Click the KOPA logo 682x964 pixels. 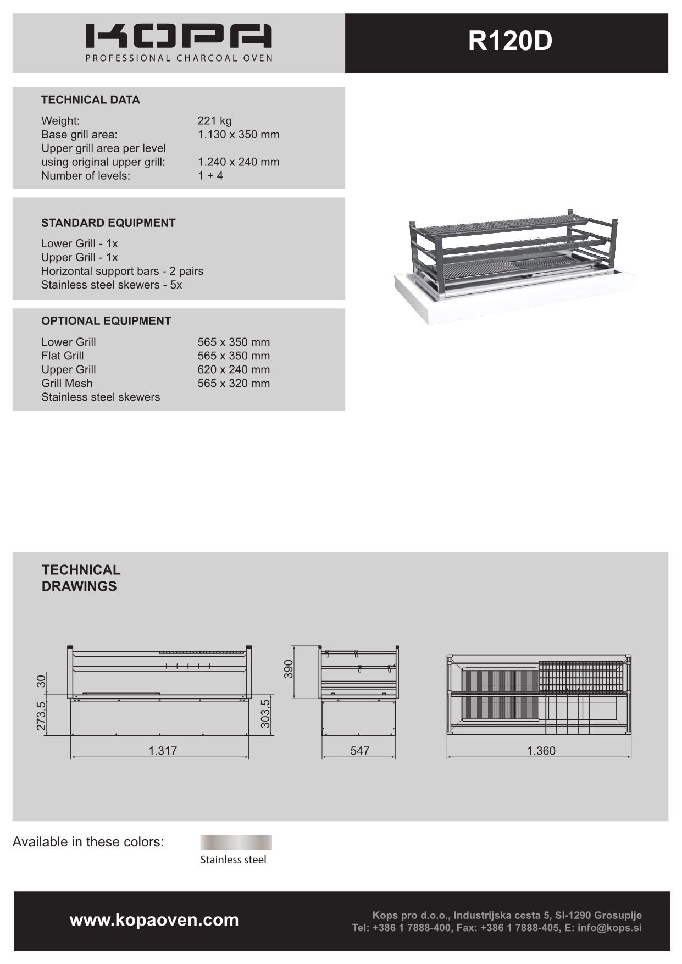click(179, 37)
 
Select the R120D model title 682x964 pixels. click(509, 41)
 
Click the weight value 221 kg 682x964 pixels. click(214, 121)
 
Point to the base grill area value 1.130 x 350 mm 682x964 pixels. click(238, 135)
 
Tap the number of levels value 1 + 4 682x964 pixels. click(210, 176)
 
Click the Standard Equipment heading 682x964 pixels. click(108, 223)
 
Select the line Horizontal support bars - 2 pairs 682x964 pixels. click(122, 271)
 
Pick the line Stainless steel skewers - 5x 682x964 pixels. click(111, 285)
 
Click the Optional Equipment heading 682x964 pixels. click(106, 321)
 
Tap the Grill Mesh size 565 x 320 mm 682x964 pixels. click(234, 384)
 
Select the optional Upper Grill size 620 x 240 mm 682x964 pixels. click(234, 370)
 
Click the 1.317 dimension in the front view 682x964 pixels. click(163, 751)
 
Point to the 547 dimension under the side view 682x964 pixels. click(359, 751)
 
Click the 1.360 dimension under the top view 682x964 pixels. click(541, 751)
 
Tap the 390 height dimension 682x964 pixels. click(289, 669)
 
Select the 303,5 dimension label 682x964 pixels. click(266, 713)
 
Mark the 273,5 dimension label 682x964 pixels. click(41, 716)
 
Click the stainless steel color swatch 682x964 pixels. click(236, 843)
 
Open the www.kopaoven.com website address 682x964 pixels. click(154, 920)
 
